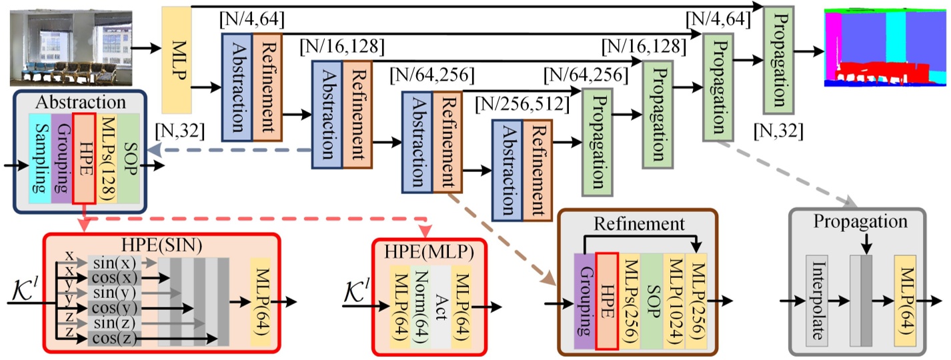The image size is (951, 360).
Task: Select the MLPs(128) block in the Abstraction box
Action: [x=108, y=157]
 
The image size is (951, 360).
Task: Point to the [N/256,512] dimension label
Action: [x=522, y=104]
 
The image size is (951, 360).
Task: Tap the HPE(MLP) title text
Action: [x=429, y=253]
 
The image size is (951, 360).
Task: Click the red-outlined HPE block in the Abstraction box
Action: [x=85, y=157]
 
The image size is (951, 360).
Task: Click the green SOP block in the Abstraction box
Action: [x=129, y=157]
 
